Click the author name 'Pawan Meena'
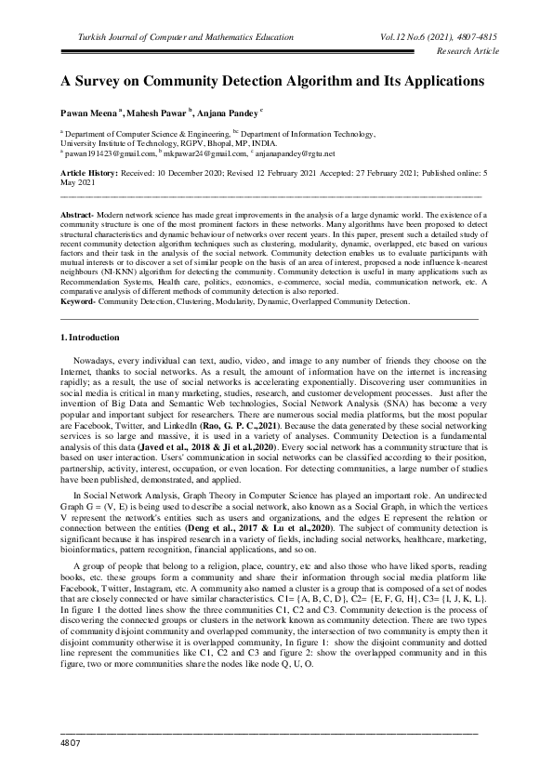89,111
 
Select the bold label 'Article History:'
87,174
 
